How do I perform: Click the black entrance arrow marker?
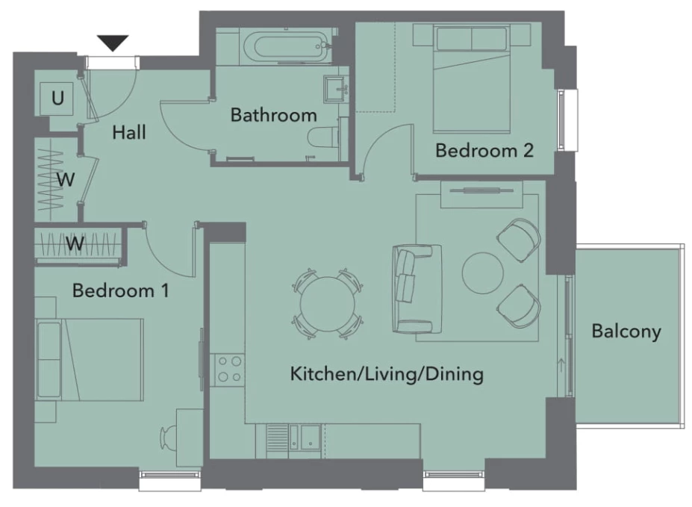coord(113,43)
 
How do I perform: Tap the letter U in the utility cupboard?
coord(57,98)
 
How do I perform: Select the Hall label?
coord(129,132)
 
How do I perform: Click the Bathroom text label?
coord(274,115)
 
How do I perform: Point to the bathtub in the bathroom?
coord(287,46)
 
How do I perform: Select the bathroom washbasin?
coord(337,90)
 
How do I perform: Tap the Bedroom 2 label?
coord(484,151)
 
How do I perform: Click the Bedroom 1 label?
coord(120,290)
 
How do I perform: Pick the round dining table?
coord(328,304)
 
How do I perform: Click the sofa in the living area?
coord(417,288)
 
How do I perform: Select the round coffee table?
coord(483,273)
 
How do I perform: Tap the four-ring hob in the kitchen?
coord(228,370)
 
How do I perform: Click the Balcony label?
coord(626,332)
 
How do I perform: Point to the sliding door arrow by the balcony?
coord(561,366)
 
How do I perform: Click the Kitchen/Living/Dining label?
coord(387,374)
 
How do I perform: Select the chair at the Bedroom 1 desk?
coord(168,438)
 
